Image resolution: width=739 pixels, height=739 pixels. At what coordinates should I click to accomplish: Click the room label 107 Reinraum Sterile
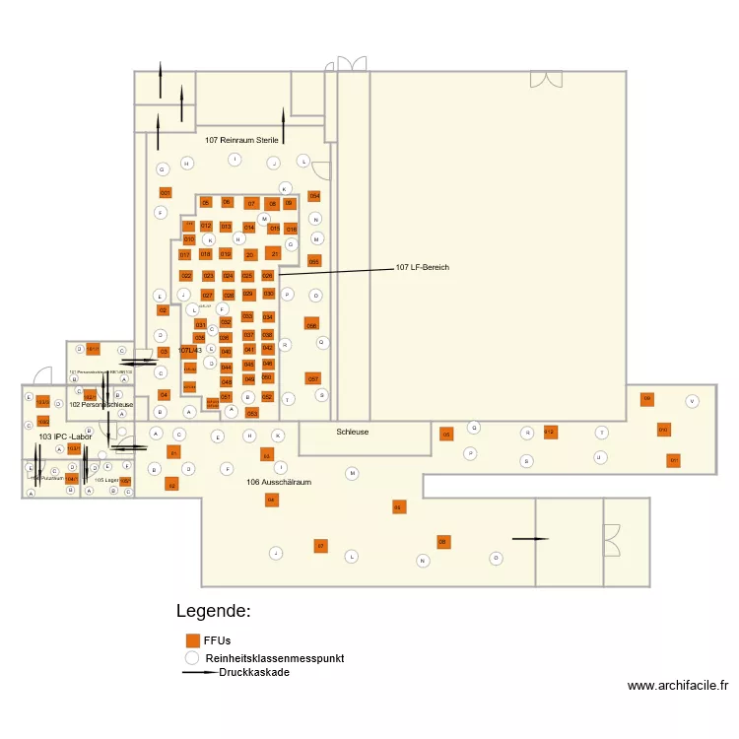click(242, 140)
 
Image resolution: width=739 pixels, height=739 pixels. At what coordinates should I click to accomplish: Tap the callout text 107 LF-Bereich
click(423, 267)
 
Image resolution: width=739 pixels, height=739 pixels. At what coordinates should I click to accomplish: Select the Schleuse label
click(352, 432)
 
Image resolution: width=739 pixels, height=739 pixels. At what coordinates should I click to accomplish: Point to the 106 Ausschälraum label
click(279, 482)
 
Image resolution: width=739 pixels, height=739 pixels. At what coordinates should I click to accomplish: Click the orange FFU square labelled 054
click(314, 196)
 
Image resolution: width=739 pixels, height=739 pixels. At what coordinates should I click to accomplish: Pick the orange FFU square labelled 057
click(312, 378)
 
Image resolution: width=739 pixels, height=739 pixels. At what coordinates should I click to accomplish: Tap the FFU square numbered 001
click(165, 193)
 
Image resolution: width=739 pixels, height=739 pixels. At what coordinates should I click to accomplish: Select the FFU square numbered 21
click(274, 253)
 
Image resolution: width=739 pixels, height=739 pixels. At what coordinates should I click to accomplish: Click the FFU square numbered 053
click(251, 413)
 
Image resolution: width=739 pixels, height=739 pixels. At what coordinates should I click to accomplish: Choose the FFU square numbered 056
click(311, 324)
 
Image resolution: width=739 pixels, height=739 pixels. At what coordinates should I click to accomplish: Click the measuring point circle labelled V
click(692, 401)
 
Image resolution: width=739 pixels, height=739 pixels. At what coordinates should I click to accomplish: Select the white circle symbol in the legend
click(192, 657)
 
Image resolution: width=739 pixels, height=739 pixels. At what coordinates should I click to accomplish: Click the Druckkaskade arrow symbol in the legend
click(200, 673)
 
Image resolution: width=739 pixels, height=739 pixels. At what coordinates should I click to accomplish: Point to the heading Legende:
click(213, 611)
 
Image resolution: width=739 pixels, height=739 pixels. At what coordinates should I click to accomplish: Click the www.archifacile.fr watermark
click(677, 686)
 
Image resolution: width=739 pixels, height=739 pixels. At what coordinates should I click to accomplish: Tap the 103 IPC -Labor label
click(65, 436)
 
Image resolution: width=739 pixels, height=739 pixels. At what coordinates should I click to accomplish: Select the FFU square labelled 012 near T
click(550, 432)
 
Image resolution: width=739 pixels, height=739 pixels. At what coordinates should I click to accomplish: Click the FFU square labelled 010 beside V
click(663, 430)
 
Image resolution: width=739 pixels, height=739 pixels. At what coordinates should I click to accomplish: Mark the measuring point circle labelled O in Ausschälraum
click(497, 558)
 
